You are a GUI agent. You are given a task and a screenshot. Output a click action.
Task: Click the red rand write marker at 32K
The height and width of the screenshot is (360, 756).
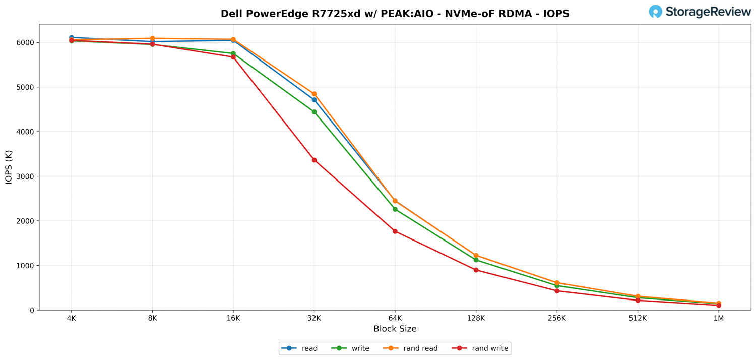[314, 160]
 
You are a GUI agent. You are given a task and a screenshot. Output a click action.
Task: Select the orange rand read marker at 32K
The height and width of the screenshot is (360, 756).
[314, 94]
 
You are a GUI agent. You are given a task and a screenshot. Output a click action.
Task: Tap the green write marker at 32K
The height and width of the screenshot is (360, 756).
[314, 112]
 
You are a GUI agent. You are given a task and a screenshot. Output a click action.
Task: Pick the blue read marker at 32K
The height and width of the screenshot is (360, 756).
[314, 100]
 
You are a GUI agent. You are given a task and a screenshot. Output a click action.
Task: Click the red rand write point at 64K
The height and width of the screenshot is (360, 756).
[395, 231]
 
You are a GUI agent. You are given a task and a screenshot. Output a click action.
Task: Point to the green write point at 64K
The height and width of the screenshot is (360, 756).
[395, 209]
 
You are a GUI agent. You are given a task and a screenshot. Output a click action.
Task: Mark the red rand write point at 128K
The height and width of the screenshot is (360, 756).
[476, 270]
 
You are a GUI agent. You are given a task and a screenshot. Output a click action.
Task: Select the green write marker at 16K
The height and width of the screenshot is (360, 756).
[233, 53]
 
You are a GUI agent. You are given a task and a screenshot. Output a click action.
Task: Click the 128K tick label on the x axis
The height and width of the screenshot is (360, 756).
[476, 319]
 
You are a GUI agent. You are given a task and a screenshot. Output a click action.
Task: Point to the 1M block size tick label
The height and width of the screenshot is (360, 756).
[719, 319]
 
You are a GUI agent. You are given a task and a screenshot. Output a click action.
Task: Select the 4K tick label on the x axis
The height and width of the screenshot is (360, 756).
[71, 319]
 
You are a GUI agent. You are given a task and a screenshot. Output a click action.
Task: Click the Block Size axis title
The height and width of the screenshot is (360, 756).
[395, 329]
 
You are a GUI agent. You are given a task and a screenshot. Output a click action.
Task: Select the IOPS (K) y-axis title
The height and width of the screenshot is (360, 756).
[9, 167]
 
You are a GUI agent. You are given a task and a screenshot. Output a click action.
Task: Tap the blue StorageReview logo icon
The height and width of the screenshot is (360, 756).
[655, 12]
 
